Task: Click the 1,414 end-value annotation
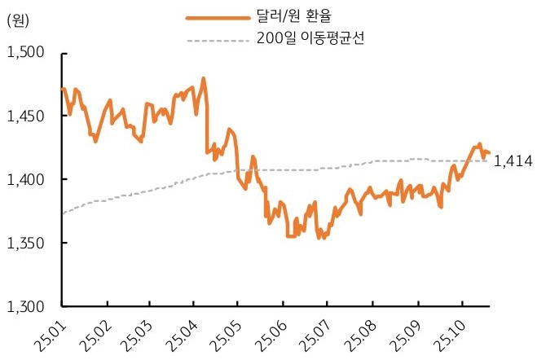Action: [x=513, y=162]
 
